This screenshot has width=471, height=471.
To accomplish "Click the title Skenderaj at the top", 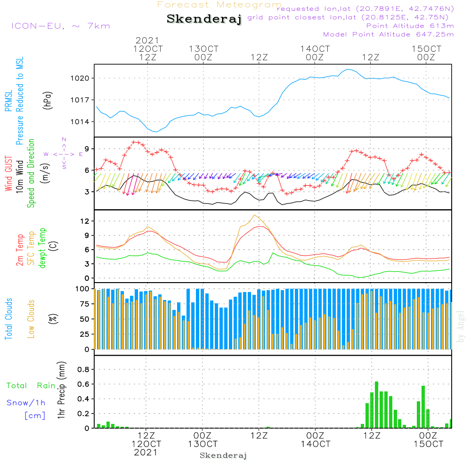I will coord(203,19).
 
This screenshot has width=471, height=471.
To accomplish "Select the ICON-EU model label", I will coord(60,26).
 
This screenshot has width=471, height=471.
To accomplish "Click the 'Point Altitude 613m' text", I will coord(409,26).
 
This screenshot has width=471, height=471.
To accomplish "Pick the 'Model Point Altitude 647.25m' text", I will coord(388,34).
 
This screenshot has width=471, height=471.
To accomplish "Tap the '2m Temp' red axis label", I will coord(20,250).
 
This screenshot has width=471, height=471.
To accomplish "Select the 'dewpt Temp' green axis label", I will coord(42,248).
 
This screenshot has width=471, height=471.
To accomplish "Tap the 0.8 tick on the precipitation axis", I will coord(83,370).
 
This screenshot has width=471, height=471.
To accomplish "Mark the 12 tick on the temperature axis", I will coord(86,221).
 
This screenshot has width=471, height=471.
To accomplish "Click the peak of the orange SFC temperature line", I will coord(255,215).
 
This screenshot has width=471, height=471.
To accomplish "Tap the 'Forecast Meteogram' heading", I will coord(219,5).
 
